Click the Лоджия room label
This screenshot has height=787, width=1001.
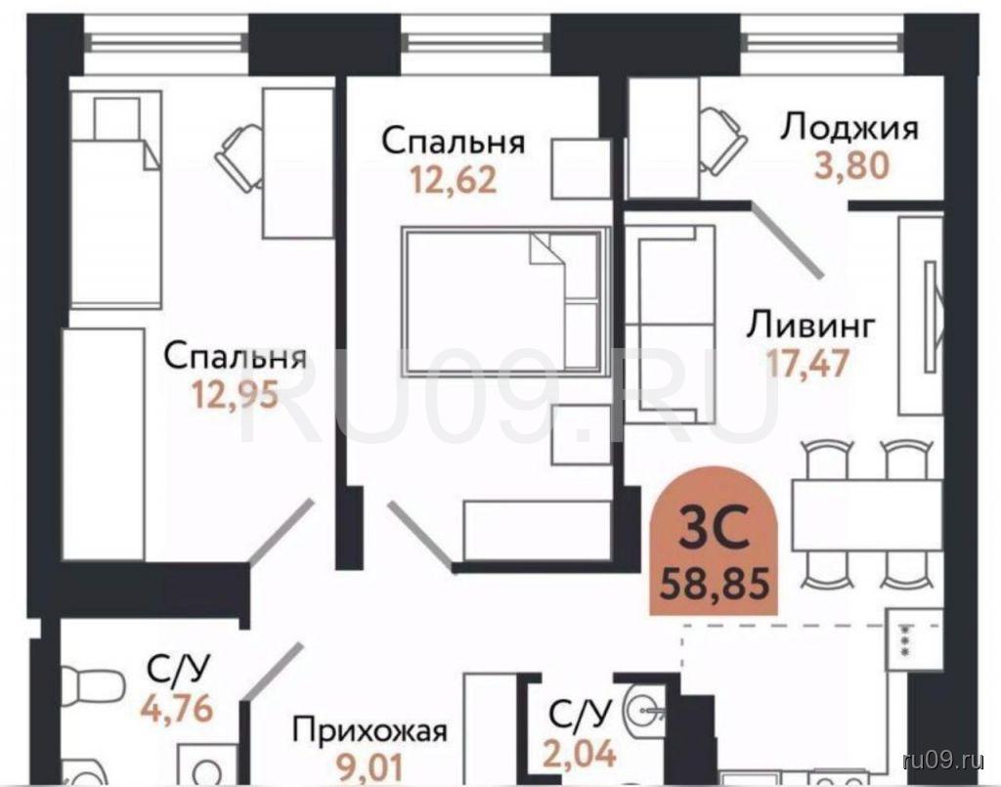849,128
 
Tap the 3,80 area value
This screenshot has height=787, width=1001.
851,166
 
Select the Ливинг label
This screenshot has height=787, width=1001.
810,326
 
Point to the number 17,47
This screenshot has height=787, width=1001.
807,364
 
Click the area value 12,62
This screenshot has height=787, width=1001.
454,179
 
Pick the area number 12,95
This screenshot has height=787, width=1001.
236,394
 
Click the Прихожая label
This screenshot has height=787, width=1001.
370,731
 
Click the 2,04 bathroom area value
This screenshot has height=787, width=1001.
580,753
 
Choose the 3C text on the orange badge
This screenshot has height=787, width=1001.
714,528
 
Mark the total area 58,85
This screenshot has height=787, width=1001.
714,582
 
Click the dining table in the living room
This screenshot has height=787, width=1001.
867,516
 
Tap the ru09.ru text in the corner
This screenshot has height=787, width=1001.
943,760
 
